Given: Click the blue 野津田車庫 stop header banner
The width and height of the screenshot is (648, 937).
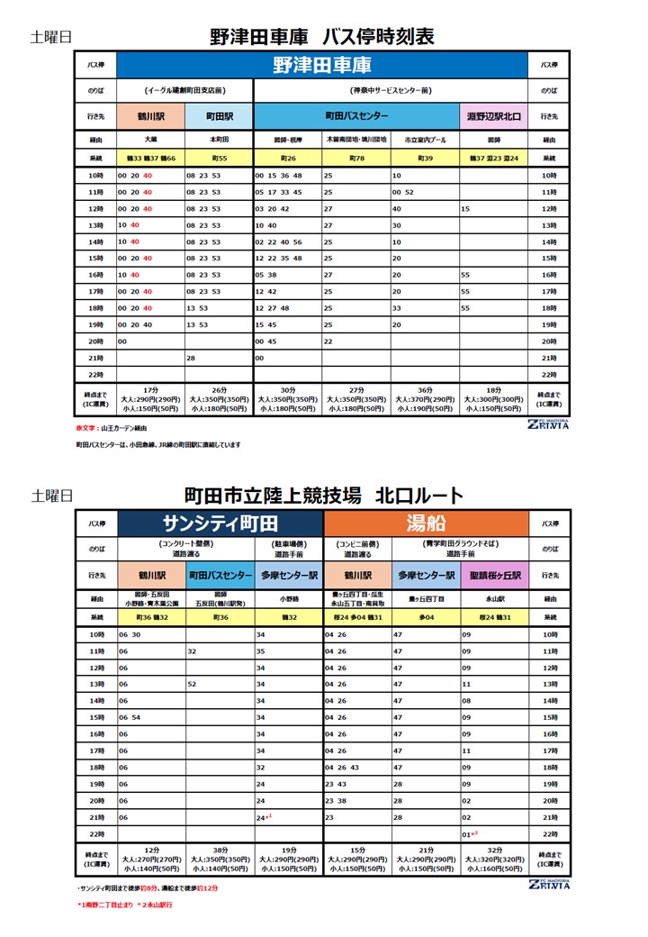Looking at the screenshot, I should [322, 65].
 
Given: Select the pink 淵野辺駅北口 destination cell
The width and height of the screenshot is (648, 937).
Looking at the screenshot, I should [494, 116].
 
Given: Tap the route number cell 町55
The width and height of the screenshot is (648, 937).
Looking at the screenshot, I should [219, 159].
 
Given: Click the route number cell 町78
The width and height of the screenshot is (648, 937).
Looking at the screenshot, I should [356, 159].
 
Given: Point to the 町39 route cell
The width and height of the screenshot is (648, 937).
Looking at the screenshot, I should [425, 159].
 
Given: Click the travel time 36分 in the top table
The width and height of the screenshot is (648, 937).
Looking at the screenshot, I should [425, 390].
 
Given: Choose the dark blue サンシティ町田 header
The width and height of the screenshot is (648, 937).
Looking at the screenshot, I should [220, 523].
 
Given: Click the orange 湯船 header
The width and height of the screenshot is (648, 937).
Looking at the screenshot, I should [425, 523].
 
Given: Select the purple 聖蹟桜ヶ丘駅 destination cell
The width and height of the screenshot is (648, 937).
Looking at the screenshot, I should [494, 575].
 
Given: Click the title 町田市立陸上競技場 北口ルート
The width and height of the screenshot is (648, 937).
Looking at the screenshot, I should [323, 496].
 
